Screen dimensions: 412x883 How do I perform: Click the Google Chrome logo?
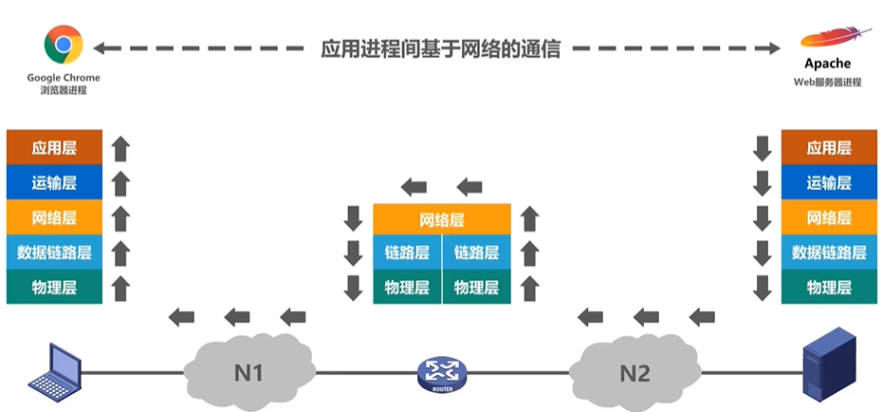point(63,45)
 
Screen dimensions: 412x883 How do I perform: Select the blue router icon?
point(439,373)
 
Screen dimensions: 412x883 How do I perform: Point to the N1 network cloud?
point(249,373)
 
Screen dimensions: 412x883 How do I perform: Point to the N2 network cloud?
point(634,373)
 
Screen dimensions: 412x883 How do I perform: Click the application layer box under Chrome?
point(54,147)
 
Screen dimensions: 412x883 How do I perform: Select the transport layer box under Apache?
point(829,182)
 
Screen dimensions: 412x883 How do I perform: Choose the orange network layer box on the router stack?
point(442,220)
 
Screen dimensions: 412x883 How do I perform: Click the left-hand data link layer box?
point(54,252)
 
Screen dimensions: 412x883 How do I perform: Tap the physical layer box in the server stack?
point(829,287)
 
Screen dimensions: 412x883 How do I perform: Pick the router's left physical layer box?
point(407,287)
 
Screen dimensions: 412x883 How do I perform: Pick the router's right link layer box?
point(476,253)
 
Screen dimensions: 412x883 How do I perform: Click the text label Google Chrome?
point(64,78)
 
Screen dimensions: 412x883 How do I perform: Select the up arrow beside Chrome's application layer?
point(120,148)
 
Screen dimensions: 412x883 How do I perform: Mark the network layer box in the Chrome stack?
point(54,217)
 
